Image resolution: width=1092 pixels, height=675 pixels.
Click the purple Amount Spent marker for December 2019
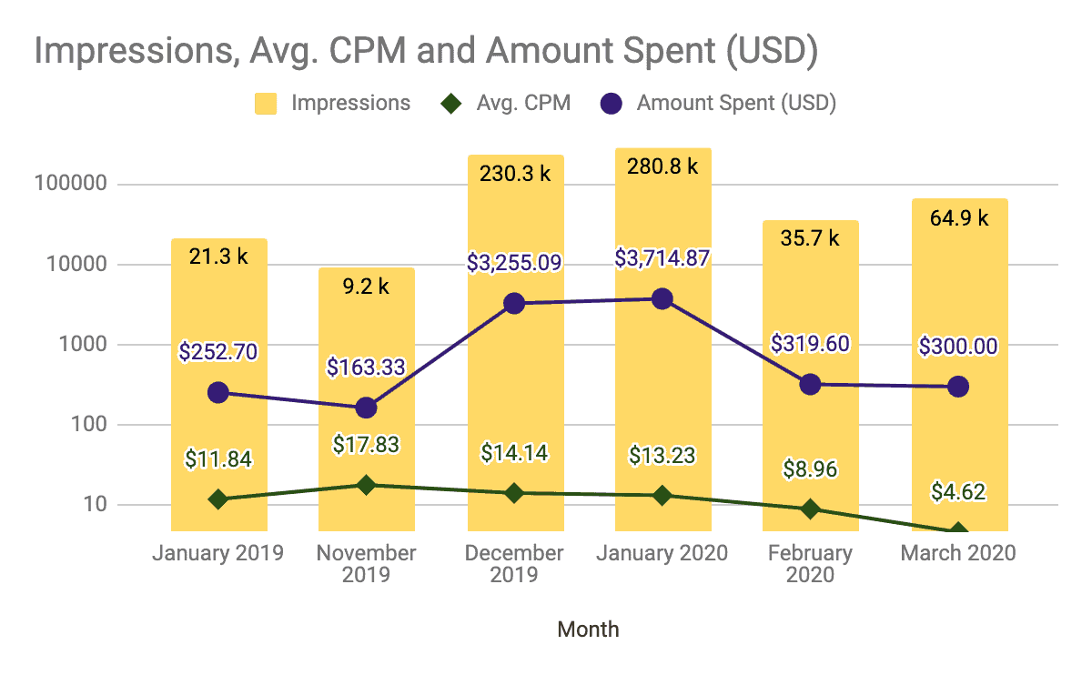tap(514, 304)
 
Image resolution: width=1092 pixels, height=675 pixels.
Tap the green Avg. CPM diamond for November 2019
tap(366, 485)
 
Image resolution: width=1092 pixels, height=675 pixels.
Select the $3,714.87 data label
tap(662, 259)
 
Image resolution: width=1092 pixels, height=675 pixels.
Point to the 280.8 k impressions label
tap(662, 166)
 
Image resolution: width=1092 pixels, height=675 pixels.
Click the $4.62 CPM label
tap(957, 492)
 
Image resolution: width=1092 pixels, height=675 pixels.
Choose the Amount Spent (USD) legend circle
tap(612, 103)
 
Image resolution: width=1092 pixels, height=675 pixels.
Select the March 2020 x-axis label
tap(957, 553)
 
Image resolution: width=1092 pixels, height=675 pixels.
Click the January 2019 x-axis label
tap(218, 553)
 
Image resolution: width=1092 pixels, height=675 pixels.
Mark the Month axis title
tap(588, 629)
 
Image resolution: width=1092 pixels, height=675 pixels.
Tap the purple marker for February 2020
tap(810, 384)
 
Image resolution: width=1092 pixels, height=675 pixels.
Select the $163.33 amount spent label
tap(366, 368)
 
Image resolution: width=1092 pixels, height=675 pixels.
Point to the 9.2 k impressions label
tap(366, 287)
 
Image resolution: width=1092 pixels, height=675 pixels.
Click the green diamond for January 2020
tap(662, 496)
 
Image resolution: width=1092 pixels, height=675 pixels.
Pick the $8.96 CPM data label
tap(810, 469)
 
